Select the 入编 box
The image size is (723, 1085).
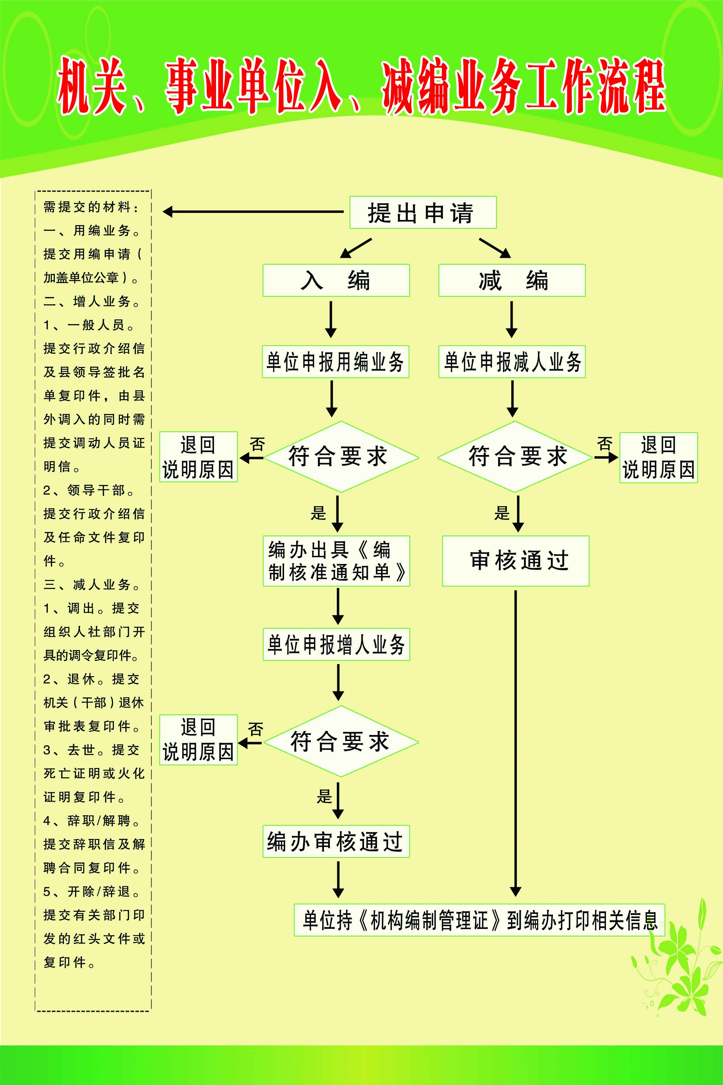336,280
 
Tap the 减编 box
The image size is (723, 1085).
512,280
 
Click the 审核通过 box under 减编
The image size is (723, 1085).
516,560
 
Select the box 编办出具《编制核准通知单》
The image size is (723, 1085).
336,560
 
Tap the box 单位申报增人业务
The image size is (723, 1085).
336,644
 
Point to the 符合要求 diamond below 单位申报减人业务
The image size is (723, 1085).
515,457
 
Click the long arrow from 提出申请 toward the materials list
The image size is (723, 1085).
254,212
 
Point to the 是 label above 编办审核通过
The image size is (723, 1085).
324,796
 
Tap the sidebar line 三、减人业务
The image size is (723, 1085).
91,585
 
